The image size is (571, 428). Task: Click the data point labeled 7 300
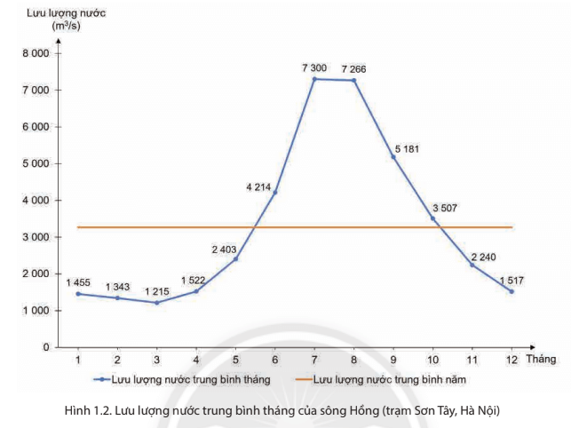pos(314,79)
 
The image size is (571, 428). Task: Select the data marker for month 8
pos(354,81)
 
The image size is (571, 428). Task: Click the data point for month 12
pos(512,291)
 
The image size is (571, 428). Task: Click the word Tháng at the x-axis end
pos(540,359)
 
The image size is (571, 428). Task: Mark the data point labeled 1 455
pos(78,294)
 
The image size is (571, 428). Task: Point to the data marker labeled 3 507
pos(433,218)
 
